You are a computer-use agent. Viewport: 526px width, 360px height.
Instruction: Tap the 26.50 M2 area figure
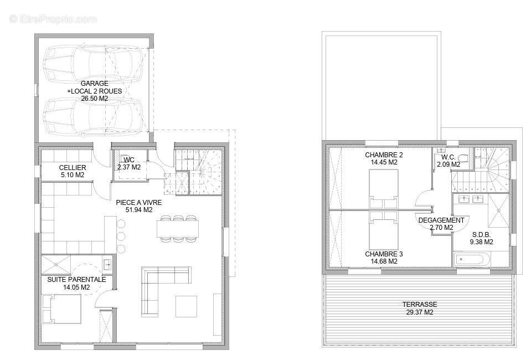(x=94, y=98)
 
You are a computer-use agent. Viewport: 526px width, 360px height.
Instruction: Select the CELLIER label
(x=73, y=167)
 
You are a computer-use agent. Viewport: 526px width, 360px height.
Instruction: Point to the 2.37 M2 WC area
(x=129, y=167)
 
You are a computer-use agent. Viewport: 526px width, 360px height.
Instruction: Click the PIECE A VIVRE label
(x=138, y=202)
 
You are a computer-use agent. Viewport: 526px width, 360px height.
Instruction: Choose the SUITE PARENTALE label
(x=76, y=280)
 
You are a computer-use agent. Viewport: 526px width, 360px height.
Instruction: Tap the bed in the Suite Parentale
(x=61, y=308)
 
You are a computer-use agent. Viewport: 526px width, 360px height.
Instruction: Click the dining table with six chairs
(x=178, y=229)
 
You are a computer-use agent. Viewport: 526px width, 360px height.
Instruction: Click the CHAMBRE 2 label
(x=384, y=155)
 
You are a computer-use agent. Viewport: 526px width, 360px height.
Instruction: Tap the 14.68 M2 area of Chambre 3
(x=384, y=261)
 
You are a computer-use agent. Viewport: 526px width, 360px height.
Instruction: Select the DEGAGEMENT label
(x=441, y=220)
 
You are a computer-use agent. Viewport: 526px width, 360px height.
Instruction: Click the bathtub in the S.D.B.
(x=470, y=260)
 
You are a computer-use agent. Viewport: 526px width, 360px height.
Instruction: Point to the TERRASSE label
(x=420, y=304)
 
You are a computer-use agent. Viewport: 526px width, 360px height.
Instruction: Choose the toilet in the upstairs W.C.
(x=464, y=157)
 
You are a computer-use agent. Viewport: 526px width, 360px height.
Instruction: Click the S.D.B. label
(x=481, y=234)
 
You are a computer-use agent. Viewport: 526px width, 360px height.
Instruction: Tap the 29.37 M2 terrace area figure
(x=420, y=312)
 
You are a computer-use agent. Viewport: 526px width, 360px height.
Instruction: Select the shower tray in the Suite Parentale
(x=56, y=265)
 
